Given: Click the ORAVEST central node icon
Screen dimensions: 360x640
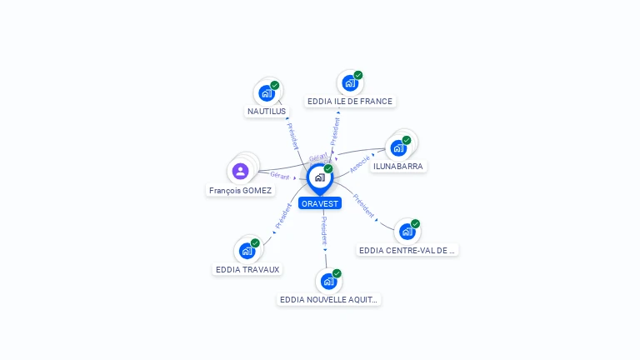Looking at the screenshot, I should click(318, 177).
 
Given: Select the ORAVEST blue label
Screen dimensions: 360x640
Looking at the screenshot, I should click(320, 203).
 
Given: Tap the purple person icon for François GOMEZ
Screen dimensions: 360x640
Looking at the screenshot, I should click(240, 172).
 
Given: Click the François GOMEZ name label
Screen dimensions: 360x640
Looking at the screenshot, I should click(240, 191).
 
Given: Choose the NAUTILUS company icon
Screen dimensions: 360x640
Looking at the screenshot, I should click(266, 92).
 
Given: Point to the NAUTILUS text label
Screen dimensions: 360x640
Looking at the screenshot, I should click(267, 111).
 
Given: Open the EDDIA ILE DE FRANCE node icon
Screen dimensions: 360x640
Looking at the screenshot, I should click(349, 83).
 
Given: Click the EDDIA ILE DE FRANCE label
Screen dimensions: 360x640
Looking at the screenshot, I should click(350, 102).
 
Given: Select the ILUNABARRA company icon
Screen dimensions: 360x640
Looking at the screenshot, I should click(398, 148).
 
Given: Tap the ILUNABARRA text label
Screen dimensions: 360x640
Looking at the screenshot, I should click(398, 167).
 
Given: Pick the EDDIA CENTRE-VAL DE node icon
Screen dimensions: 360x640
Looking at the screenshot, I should click(407, 232).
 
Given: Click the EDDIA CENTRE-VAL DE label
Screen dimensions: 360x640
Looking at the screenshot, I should click(408, 250).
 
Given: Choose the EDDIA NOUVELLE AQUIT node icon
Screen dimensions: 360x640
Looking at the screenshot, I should click(328, 281).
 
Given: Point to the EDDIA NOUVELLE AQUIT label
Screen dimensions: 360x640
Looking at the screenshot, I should click(329, 299).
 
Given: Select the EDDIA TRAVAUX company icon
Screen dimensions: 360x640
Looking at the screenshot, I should click(247, 251).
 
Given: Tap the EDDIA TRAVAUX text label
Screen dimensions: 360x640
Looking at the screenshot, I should click(247, 269).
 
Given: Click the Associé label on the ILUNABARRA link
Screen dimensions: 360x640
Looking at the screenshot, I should click(360, 163).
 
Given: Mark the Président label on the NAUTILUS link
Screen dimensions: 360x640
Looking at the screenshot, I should click(292, 137).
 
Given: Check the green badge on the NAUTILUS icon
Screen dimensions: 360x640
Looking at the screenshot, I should click(275, 85).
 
